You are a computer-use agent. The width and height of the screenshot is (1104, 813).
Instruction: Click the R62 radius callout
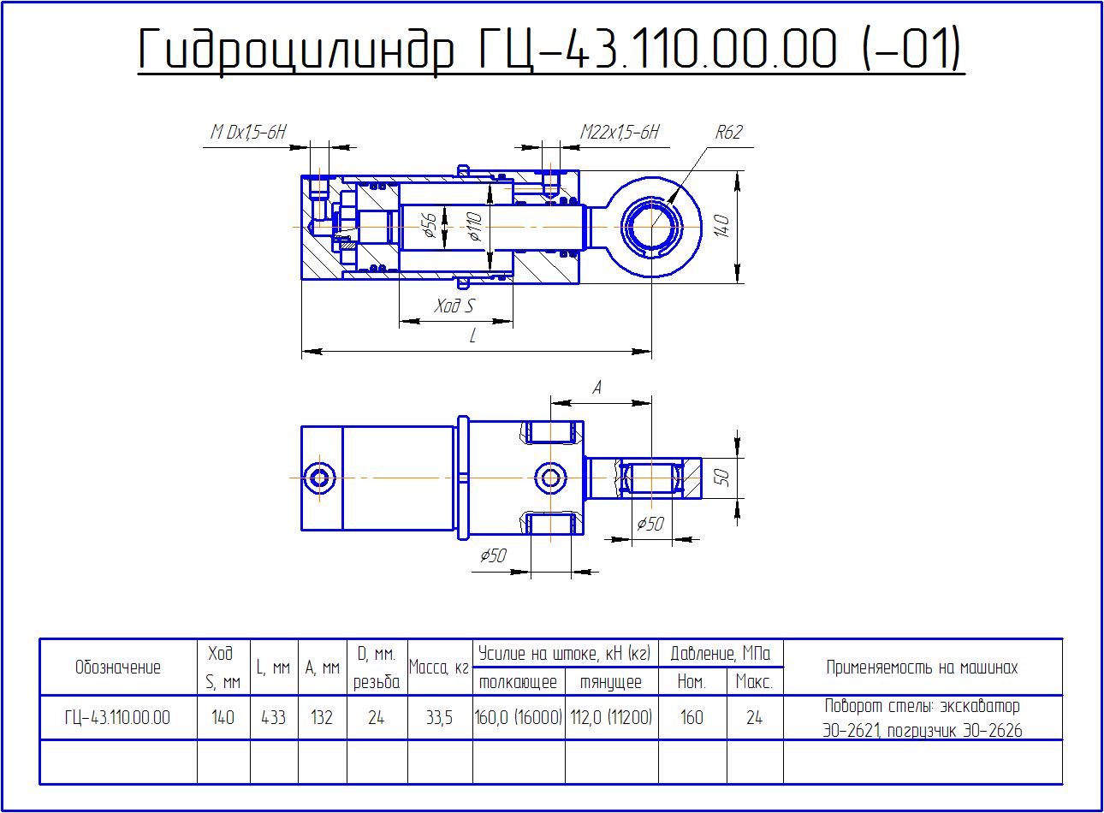[x=728, y=132]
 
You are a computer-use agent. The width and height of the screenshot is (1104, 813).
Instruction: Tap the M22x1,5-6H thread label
[x=619, y=132]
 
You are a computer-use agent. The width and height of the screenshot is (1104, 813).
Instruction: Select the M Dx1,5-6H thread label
[x=248, y=132]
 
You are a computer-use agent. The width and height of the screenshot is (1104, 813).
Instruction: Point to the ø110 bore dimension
[x=475, y=226]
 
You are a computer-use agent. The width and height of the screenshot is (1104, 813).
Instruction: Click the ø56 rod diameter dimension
[x=430, y=226]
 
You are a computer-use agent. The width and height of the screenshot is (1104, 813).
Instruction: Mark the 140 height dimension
[x=721, y=226]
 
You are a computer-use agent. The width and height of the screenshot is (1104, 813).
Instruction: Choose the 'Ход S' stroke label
[x=454, y=306]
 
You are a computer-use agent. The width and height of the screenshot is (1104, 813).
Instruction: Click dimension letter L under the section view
[x=472, y=336]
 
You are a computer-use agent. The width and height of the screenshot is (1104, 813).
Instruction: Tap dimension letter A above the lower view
[x=597, y=389]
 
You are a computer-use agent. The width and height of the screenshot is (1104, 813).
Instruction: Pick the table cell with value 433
[x=274, y=717]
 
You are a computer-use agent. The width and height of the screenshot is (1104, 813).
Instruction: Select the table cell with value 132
[x=322, y=717]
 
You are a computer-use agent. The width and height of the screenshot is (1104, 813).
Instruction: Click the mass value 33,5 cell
[x=439, y=717]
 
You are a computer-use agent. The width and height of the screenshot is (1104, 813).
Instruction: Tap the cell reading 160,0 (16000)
[x=519, y=717]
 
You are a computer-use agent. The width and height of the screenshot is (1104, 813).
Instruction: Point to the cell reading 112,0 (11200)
[x=611, y=717]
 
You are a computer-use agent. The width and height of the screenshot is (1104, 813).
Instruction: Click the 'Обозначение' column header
[x=118, y=668]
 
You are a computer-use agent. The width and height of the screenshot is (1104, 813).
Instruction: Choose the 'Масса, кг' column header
[x=439, y=668]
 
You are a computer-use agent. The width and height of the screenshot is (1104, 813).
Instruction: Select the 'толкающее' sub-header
[x=518, y=682]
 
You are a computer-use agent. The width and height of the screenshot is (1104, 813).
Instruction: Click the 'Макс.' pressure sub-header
[x=754, y=681]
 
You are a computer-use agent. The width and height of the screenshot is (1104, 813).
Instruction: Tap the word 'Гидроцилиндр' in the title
[x=296, y=50]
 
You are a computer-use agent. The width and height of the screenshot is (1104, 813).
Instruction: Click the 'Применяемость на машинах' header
[x=922, y=668]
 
